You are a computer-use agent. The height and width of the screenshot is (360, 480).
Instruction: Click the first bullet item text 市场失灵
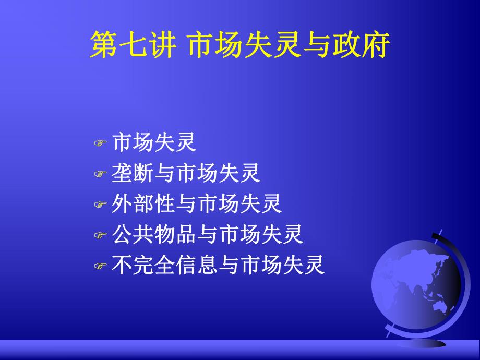[154, 142]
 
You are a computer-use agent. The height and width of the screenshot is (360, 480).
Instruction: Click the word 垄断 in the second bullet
[133, 174]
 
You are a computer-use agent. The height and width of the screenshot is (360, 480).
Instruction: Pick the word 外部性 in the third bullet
[143, 205]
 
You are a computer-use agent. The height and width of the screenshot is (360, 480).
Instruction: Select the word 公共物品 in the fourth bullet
[154, 235]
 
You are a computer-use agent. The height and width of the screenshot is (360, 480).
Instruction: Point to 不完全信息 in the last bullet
[165, 266]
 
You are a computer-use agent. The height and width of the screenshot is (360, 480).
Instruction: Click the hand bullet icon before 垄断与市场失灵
[100, 175]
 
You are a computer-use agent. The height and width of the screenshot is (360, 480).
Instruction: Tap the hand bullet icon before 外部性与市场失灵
[100, 206]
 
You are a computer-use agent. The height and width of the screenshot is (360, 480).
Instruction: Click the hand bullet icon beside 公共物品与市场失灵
[100, 236]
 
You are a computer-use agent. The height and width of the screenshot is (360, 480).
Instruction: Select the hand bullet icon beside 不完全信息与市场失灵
[100, 267]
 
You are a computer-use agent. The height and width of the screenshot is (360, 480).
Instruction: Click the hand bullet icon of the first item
[100, 143]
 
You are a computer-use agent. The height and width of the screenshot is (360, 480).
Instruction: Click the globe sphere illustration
[415, 284]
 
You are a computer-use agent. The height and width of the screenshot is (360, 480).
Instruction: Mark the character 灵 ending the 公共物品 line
[293, 235]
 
